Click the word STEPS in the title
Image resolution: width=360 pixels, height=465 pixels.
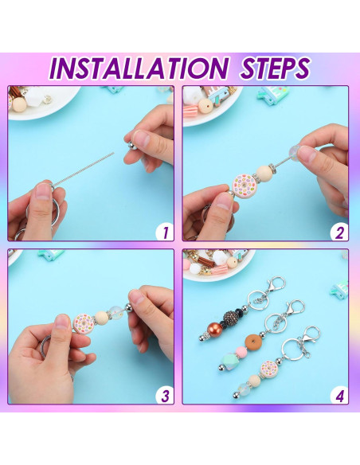click(x=267, y=67)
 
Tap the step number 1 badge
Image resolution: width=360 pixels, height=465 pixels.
click(x=164, y=233)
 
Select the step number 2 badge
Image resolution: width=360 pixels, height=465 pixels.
click(x=338, y=233)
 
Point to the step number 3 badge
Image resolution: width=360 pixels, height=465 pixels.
click(x=164, y=395)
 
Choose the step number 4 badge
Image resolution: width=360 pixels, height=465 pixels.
click(x=338, y=395)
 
